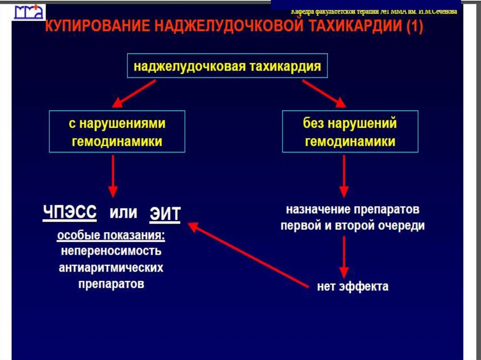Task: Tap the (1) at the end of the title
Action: [414, 28]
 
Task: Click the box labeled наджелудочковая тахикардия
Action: [227, 66]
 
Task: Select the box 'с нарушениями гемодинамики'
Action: [117, 131]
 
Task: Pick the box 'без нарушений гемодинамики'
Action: [350, 131]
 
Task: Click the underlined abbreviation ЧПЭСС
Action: [70, 213]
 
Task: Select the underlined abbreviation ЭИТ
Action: [165, 214]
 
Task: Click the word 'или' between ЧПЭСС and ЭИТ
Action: [124, 213]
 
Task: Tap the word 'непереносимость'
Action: [111, 251]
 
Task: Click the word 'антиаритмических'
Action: [111, 268]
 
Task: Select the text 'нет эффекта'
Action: [352, 286]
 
